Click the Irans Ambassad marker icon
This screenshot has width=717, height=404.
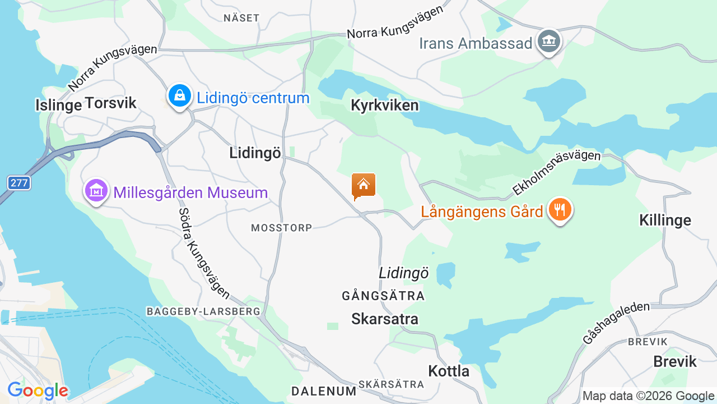pos(548,42)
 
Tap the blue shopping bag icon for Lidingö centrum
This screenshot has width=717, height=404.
pos(179,96)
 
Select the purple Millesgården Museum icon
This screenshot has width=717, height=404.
pos(96,191)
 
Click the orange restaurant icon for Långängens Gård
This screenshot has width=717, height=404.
pos(559,210)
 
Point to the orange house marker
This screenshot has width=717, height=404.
pos(364,185)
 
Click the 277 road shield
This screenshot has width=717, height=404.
pos(19,182)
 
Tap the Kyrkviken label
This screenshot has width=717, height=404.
pos(384,105)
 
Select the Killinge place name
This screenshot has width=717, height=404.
pos(665,220)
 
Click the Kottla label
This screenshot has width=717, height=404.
pos(449,371)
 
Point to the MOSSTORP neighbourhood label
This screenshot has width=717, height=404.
pos(281,228)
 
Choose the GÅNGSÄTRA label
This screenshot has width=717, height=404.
pos(383,296)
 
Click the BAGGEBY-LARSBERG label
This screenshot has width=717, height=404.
pos(203,311)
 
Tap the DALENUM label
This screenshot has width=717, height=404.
pos(324,391)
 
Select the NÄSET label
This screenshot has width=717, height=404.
pos(241,17)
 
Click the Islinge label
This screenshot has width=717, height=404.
pos(58,105)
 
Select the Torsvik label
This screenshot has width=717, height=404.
pos(110,103)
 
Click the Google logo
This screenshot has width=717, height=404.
pos(38,391)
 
